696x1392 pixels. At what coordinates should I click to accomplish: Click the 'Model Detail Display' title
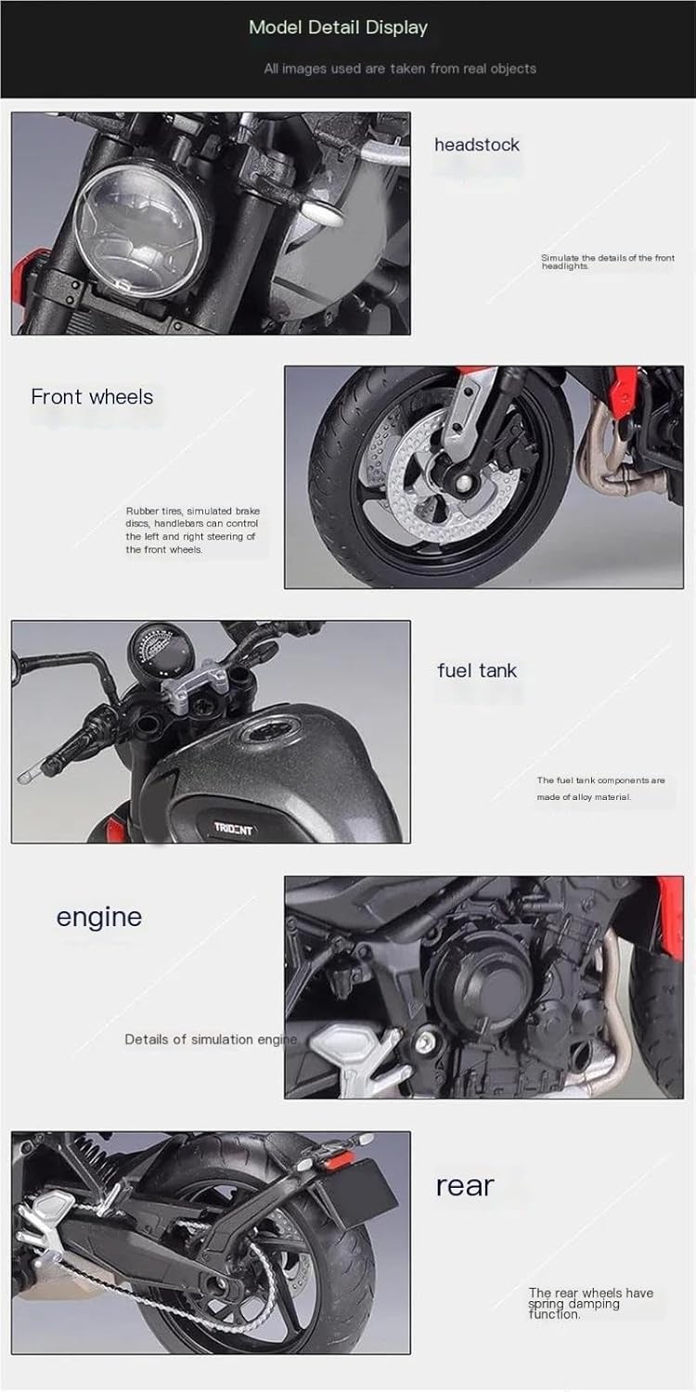click(x=338, y=27)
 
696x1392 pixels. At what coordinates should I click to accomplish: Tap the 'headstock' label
click(x=477, y=145)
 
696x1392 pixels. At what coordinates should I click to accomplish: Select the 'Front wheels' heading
click(x=92, y=396)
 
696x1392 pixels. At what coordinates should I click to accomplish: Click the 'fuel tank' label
click(x=477, y=671)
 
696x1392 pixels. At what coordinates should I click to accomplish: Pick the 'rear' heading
click(x=465, y=1186)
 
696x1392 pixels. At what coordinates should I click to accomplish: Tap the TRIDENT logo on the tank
click(x=234, y=829)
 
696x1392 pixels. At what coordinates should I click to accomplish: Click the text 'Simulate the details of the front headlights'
click(x=608, y=262)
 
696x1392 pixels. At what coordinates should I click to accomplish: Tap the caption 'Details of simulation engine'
click(x=212, y=1039)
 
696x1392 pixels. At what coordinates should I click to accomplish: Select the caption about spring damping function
click(x=590, y=1303)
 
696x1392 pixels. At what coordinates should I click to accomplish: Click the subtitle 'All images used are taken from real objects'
click(x=400, y=69)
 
